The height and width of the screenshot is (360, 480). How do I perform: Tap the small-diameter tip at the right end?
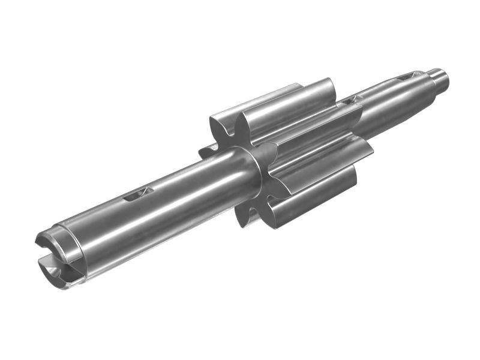(x=437, y=77)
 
